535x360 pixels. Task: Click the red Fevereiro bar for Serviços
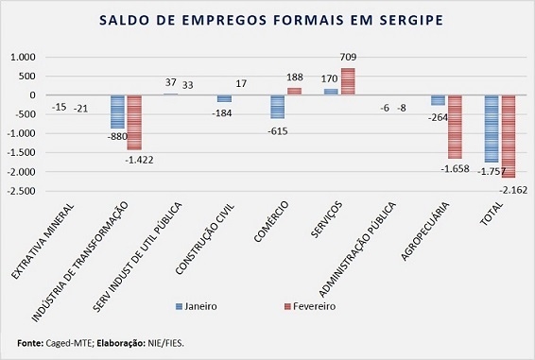[348, 81]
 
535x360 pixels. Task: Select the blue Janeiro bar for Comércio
[277, 107]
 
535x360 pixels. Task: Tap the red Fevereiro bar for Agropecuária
[455, 127]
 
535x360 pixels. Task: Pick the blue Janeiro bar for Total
[492, 129]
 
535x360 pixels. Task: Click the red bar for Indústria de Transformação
[134, 123]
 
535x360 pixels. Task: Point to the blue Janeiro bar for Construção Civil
[224, 98]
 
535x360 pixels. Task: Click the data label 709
[348, 57]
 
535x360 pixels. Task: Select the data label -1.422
[139, 160]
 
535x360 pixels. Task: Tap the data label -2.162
[513, 190]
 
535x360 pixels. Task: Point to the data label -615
[278, 131]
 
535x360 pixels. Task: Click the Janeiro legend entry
[197, 306]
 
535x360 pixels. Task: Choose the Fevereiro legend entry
[310, 306]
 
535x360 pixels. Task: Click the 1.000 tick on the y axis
[24, 57]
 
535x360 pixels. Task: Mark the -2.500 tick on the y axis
[22, 191]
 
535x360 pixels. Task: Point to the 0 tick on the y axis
[32, 95]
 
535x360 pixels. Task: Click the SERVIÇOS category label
[326, 220]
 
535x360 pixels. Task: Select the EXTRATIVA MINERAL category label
[43, 241]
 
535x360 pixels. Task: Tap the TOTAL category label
[492, 214]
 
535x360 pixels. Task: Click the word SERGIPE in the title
[410, 20]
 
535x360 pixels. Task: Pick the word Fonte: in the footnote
[30, 343]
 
